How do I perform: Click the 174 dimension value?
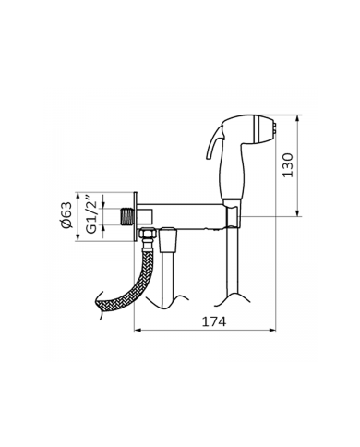[x=214, y=321]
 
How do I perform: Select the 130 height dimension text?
[x=288, y=165]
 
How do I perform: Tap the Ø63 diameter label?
[x=66, y=215]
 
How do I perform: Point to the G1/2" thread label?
[x=91, y=214]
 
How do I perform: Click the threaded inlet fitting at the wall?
[x=126, y=216]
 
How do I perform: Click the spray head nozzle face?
[x=275, y=128]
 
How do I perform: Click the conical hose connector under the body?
[x=168, y=237]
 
